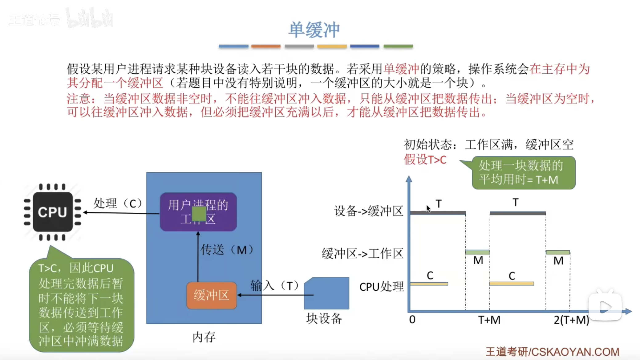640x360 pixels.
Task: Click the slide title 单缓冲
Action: click(x=314, y=30)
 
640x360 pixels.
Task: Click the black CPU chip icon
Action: click(x=53, y=212)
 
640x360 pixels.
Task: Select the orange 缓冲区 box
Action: click(x=212, y=295)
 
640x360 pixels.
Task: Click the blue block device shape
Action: click(x=327, y=293)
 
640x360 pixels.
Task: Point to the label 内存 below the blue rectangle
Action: click(x=204, y=337)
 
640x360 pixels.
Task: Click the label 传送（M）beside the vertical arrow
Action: click(x=227, y=250)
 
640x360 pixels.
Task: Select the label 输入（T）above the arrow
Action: click(x=274, y=286)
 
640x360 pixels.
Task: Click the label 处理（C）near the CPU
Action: click(x=118, y=203)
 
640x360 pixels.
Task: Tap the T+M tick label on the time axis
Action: click(x=489, y=320)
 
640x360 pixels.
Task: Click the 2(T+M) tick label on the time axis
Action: click(x=571, y=320)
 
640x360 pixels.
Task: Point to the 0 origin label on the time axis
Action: click(x=412, y=320)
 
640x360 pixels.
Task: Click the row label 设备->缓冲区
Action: click(x=369, y=211)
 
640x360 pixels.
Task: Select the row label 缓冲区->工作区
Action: click(x=363, y=254)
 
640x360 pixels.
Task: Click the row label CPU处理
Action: click(x=382, y=287)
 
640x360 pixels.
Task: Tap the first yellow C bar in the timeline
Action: click(x=429, y=284)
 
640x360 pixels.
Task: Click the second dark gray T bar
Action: click(x=518, y=213)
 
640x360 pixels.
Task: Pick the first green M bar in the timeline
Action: click(x=477, y=252)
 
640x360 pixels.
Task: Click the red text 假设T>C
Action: click(x=425, y=160)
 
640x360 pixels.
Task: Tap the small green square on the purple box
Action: click(x=199, y=214)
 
